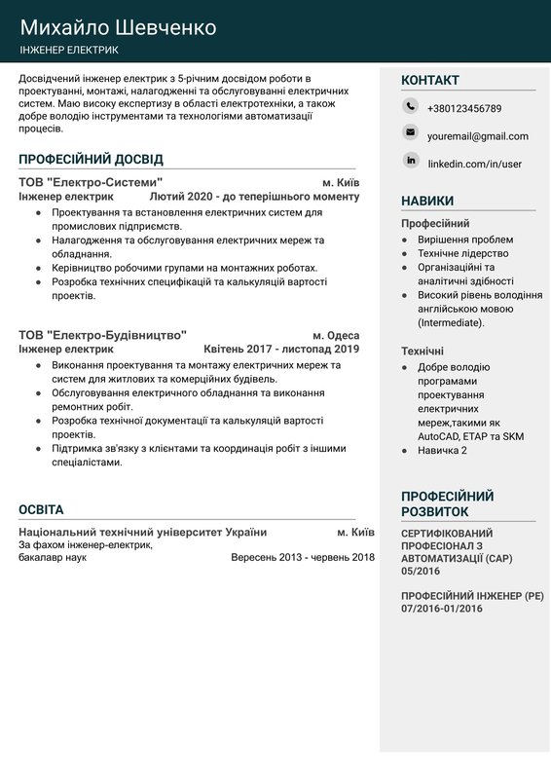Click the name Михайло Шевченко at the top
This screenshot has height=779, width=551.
(x=118, y=26)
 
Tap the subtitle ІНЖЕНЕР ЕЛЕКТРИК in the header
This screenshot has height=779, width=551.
(x=68, y=50)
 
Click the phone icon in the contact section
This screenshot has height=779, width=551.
(x=410, y=107)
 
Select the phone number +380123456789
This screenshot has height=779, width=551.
(x=464, y=108)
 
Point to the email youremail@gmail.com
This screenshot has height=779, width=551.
(x=477, y=136)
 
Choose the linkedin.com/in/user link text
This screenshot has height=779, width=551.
(x=474, y=164)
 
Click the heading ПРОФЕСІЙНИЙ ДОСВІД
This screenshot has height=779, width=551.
(x=91, y=159)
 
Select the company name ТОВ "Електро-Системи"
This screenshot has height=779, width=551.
(x=91, y=182)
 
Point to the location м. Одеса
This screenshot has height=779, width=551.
(x=336, y=333)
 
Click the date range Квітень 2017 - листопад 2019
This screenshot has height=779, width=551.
(x=281, y=348)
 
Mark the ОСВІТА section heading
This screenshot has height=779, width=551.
(x=41, y=509)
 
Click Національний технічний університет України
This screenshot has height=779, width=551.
(x=142, y=533)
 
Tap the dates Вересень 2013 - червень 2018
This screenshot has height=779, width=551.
(x=303, y=558)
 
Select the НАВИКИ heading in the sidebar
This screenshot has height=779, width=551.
(x=426, y=201)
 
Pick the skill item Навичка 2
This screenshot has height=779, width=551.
(x=442, y=450)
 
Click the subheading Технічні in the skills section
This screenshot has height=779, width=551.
(x=422, y=351)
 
